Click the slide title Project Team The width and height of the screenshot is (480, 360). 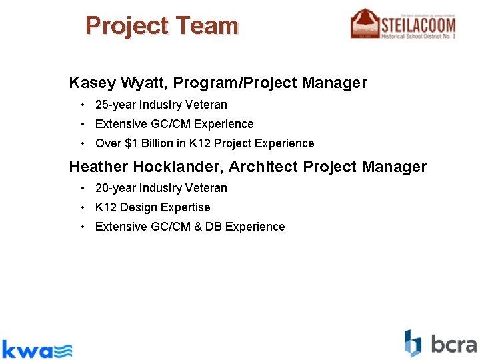pyautogui.click(x=161, y=26)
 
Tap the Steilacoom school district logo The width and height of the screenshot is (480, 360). pyautogui.click(x=403, y=24)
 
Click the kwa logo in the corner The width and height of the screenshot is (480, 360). pyautogui.click(x=37, y=349)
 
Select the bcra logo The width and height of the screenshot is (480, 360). pyautogui.click(x=441, y=344)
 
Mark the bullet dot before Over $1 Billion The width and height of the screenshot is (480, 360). pyautogui.click(x=81, y=143)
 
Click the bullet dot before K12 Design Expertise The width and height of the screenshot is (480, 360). pyautogui.click(x=81, y=207)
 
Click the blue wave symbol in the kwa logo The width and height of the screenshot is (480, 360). pyautogui.click(x=63, y=350)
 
